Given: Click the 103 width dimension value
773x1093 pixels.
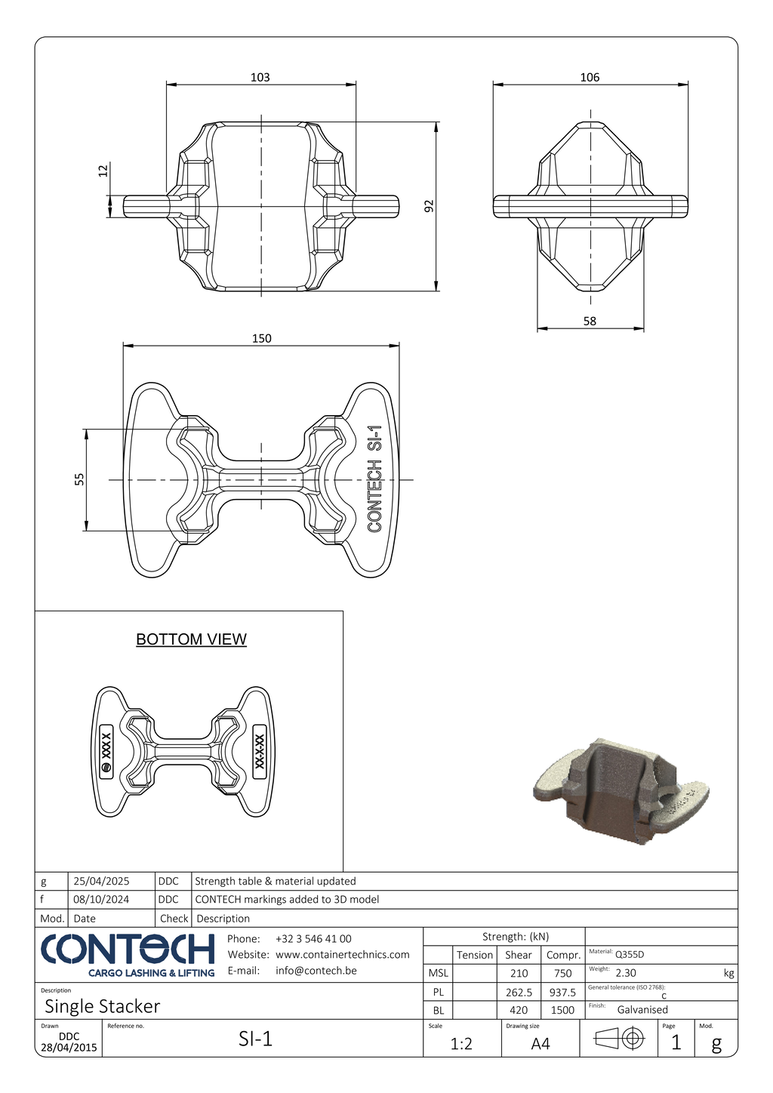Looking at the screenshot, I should [x=260, y=77].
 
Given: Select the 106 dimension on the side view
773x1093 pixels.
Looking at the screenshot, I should [x=590, y=77].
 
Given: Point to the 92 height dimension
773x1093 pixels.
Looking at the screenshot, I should [x=429, y=206].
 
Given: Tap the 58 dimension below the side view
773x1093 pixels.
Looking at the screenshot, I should [x=590, y=321].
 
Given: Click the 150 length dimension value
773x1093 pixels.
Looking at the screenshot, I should [x=261, y=338].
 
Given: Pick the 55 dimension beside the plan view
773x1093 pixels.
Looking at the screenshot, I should [x=79, y=479].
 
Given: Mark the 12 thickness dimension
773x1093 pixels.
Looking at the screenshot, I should [x=103, y=171].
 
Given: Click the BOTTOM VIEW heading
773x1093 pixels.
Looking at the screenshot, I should [x=191, y=639].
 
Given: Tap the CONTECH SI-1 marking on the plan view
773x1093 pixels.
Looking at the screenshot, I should [x=374, y=479].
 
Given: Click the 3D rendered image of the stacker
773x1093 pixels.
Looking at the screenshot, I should [x=621, y=791].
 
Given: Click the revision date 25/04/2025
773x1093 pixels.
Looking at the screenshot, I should [x=101, y=881].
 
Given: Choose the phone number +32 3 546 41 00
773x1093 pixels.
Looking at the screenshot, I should [x=313, y=939].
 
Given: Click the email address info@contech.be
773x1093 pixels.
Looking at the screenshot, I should [x=316, y=971].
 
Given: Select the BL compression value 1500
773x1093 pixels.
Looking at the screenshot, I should [x=562, y=1010].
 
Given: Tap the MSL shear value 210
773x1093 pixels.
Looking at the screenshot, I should [x=519, y=974].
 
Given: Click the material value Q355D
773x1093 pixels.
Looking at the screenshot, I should [x=630, y=954].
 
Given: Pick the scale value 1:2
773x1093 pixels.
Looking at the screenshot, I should [x=461, y=1043].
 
